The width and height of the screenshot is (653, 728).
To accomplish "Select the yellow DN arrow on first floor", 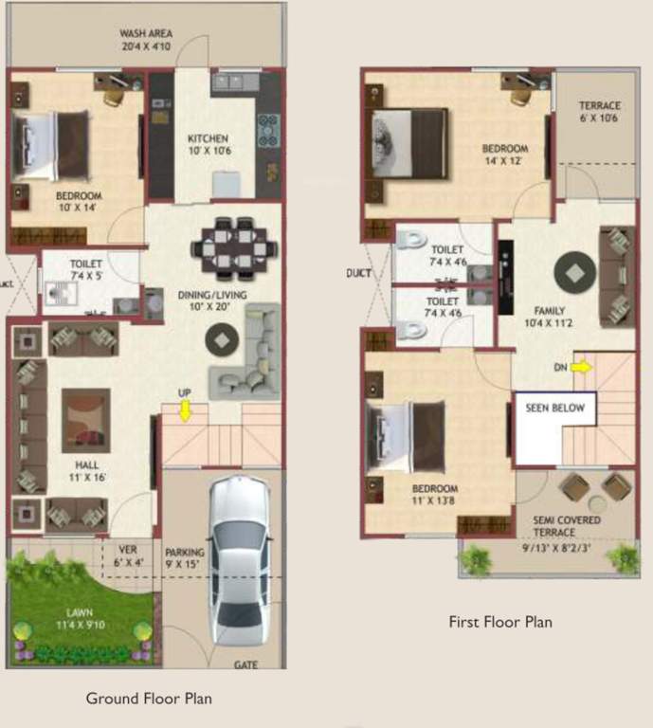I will (579, 366).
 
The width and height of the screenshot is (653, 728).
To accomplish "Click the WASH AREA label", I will (145, 39).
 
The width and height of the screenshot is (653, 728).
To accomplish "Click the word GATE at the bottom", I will (245, 664).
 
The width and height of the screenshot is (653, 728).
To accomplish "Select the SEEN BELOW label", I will (555, 409).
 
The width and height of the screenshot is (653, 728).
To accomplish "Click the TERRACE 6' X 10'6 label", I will (599, 112).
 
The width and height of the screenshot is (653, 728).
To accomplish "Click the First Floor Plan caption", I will (499, 623).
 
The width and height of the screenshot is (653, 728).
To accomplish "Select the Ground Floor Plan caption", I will (149, 699).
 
